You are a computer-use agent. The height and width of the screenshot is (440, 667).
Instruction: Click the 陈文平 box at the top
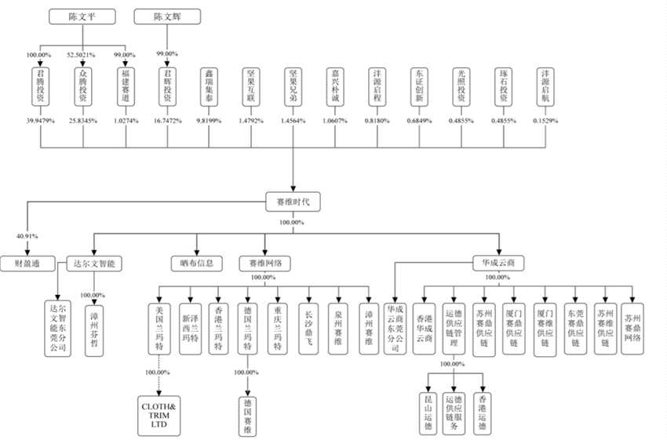(82, 16)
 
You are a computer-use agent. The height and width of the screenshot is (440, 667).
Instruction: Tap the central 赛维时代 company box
(293, 201)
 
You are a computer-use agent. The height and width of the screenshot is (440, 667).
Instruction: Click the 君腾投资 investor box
(38, 86)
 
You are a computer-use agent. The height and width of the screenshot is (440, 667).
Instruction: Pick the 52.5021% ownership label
(82, 55)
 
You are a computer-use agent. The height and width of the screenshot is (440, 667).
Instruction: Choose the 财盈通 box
(27, 264)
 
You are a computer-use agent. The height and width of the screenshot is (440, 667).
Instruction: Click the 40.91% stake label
(27, 234)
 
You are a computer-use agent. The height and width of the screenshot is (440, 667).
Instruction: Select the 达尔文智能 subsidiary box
(93, 264)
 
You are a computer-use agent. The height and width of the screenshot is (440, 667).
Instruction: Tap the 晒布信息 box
(193, 264)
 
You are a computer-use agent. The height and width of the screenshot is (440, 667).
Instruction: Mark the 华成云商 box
(498, 264)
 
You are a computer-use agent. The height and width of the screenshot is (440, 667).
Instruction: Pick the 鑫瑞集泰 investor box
(208, 86)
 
